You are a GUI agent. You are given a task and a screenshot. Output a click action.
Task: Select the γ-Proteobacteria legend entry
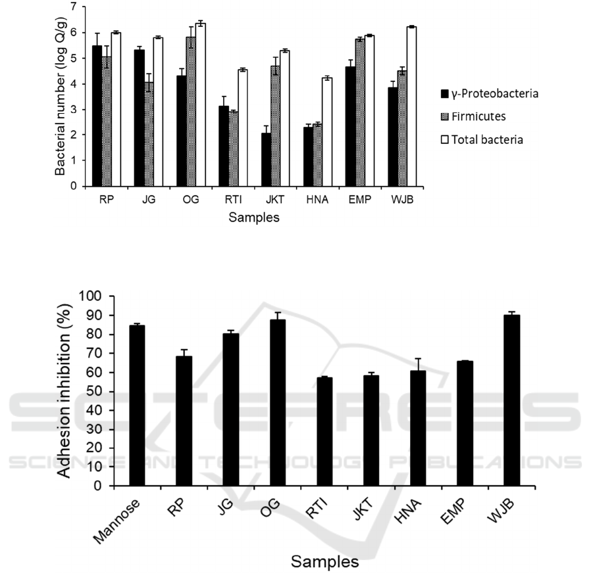(490, 94)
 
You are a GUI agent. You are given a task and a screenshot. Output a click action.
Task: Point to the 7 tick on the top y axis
(73, 7)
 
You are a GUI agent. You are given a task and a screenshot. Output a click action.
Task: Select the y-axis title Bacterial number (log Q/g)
(61, 96)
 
